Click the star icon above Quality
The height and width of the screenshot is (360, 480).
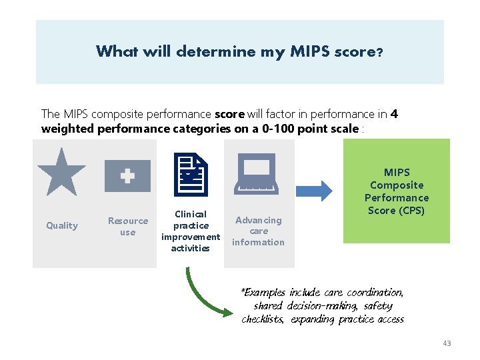(61, 172)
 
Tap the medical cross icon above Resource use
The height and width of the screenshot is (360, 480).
(127, 176)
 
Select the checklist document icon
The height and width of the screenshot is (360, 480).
(191, 174)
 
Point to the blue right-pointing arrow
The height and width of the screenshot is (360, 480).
(313, 191)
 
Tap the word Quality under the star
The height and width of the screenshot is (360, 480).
(62, 225)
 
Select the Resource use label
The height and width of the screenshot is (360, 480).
(127, 227)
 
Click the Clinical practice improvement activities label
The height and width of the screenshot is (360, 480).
(191, 231)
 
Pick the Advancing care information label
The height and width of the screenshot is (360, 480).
(258, 231)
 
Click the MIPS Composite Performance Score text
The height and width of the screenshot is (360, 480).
(397, 191)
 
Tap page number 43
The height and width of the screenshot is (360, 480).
(447, 343)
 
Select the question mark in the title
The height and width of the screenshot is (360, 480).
(379, 52)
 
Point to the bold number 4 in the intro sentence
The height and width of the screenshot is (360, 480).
(395, 114)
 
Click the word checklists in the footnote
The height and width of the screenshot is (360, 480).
(263, 319)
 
